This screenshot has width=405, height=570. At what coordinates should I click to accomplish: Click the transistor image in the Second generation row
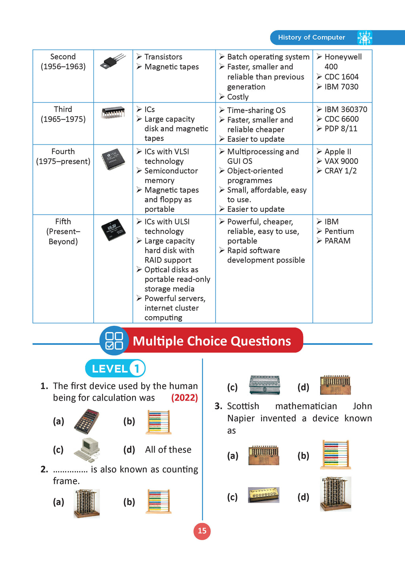point(113,61)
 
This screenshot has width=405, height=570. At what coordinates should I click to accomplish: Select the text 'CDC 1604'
point(341,77)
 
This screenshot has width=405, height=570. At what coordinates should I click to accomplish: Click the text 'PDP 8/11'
point(341,129)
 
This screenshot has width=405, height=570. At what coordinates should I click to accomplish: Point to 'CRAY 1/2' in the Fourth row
point(341,171)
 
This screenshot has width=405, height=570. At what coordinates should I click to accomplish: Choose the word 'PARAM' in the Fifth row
point(337,241)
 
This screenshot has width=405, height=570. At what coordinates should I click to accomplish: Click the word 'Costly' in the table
point(238,97)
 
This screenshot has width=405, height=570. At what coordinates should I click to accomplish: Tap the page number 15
point(202,531)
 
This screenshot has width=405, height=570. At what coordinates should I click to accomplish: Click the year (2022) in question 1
point(184,398)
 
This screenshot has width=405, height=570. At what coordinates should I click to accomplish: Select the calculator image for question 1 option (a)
point(87,421)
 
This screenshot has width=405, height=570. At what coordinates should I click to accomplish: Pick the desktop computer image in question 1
point(87,450)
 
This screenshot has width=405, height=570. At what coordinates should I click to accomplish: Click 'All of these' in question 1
point(168,450)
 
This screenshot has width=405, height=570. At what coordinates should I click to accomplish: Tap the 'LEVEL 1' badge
point(115,369)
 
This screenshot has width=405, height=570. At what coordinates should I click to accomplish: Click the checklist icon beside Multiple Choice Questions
point(114,341)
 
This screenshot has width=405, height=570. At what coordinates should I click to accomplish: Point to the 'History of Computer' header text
point(311,38)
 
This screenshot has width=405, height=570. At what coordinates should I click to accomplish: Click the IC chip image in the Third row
point(113,112)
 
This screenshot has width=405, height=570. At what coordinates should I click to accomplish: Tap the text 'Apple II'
point(338,152)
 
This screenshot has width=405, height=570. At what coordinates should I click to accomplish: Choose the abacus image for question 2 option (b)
point(159,501)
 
